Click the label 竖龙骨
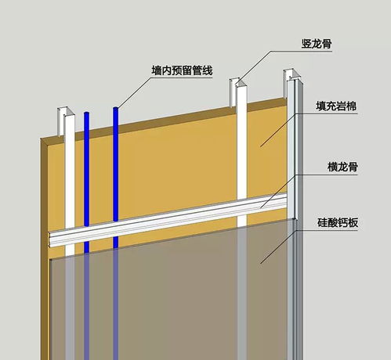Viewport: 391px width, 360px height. (x=317, y=44)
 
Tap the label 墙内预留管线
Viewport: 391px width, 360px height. (x=182, y=70)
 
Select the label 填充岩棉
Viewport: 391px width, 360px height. (x=336, y=106)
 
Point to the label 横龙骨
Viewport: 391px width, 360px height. (x=342, y=167)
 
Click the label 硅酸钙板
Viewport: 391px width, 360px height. (x=338, y=223)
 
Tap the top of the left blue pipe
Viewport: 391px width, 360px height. (x=87, y=113)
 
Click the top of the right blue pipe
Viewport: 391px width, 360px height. (x=116, y=108)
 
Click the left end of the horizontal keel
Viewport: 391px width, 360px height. (x=49, y=239)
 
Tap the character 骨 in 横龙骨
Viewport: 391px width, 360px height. (x=353, y=167)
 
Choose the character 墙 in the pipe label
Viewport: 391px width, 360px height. (x=157, y=70)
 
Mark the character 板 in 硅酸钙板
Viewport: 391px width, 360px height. (x=353, y=223)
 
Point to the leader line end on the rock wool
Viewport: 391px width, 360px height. (x=260, y=146)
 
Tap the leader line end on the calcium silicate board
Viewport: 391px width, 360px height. (x=261, y=263)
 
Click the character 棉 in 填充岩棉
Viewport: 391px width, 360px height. (x=352, y=106)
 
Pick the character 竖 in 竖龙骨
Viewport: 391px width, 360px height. (x=306, y=44)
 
